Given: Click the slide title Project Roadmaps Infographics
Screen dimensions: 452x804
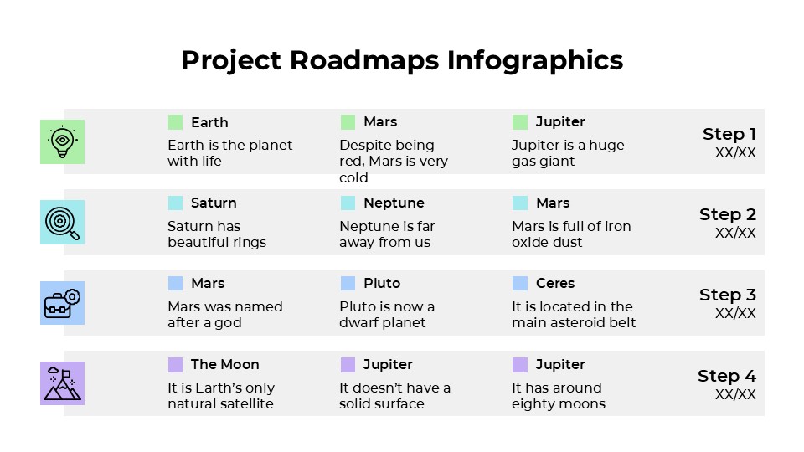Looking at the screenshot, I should click(x=402, y=60).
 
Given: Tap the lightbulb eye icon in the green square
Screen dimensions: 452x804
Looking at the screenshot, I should click(x=62, y=141).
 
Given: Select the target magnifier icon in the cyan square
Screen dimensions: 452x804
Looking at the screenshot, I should click(x=62, y=223).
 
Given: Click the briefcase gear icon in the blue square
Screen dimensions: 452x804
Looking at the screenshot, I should click(x=62, y=303).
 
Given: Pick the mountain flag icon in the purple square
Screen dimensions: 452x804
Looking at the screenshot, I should click(x=62, y=383).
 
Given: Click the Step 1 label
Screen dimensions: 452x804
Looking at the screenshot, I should click(x=729, y=134).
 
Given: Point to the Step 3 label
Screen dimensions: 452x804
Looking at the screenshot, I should click(x=727, y=295).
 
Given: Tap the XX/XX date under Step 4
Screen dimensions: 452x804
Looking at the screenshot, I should click(x=735, y=394).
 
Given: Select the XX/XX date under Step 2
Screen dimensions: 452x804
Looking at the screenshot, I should click(x=735, y=233).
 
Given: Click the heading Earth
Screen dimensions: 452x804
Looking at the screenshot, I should click(x=209, y=122).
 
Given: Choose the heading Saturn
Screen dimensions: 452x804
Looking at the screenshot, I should click(x=214, y=203).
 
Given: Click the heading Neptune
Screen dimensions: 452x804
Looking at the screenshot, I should click(x=394, y=203).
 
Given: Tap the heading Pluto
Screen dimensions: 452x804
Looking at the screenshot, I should click(x=382, y=283).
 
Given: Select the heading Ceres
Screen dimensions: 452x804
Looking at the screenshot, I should click(x=555, y=283).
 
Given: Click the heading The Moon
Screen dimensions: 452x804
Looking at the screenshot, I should click(x=224, y=364).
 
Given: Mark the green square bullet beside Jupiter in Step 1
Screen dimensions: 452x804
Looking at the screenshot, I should click(x=520, y=122).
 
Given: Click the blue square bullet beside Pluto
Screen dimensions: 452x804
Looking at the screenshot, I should click(x=348, y=283).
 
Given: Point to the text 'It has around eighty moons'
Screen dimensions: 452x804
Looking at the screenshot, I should click(x=559, y=396).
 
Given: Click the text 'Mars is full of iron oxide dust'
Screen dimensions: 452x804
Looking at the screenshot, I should click(x=571, y=234).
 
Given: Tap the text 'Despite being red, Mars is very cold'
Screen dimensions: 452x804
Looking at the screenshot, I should click(x=394, y=162).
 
